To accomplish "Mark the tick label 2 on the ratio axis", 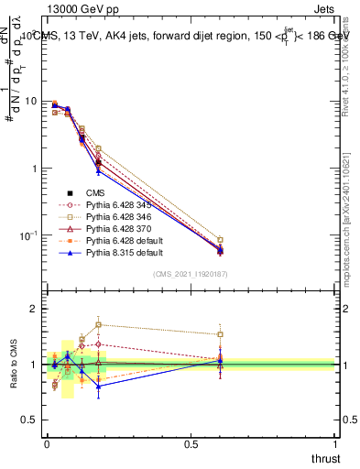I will [35, 310].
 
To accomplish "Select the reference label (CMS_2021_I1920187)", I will [189, 274].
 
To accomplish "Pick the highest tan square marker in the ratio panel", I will [98, 324].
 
